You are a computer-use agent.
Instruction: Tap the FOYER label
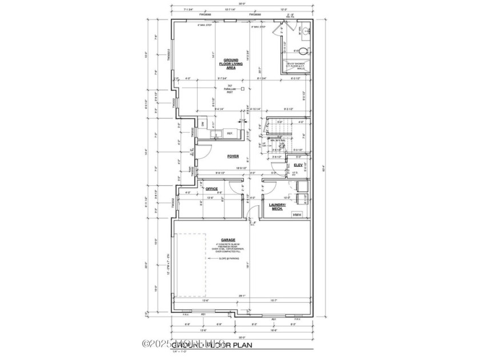coord(233,155)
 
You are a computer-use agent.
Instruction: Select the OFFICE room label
coord(212,188)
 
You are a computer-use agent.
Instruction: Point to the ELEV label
coord(298,165)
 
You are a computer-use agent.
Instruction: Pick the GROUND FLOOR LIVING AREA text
coord(231,64)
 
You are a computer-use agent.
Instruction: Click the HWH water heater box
coord(297,215)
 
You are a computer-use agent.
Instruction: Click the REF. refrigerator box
coord(230,134)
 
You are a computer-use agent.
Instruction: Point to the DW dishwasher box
coord(202,124)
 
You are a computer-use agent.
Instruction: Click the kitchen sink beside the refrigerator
coord(217,134)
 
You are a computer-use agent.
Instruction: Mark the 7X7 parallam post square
coord(243,89)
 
